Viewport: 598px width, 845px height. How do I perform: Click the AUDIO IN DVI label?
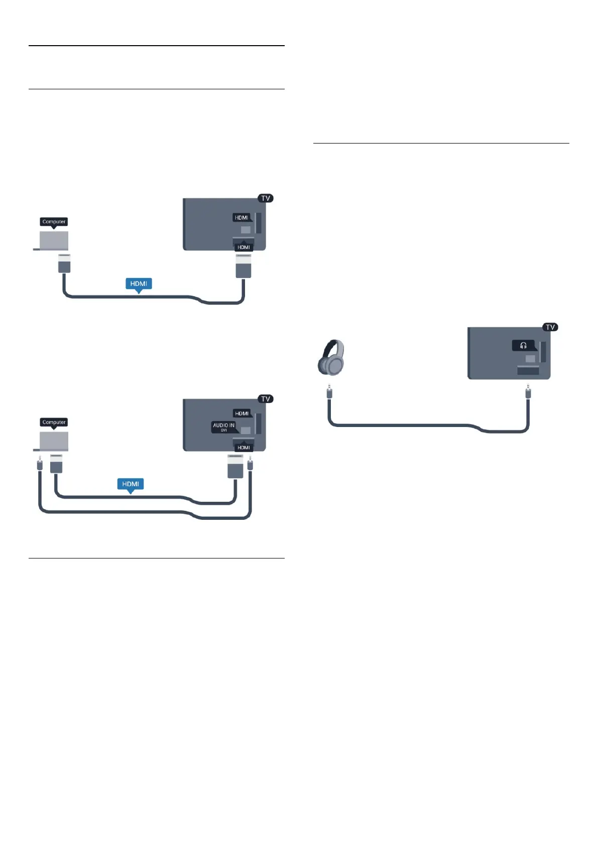pos(224,427)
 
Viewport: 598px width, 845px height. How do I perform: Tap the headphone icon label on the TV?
pos(523,346)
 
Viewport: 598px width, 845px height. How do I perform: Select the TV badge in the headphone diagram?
pos(550,327)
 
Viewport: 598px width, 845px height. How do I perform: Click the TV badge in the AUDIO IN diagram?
pos(266,399)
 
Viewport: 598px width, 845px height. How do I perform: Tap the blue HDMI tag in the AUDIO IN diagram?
pos(131,484)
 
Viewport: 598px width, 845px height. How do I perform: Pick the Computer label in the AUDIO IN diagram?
pos(54,422)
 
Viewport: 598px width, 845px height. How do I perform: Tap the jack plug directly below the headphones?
pos(329,391)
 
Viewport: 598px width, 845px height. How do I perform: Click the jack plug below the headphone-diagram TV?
pos(528,391)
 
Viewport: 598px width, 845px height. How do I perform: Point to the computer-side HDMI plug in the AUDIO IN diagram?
pos(56,464)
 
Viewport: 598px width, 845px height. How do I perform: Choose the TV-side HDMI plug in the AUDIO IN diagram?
pos(235,466)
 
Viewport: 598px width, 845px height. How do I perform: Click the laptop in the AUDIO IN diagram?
pos(53,441)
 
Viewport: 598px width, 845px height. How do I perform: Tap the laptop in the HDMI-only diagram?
pos(53,240)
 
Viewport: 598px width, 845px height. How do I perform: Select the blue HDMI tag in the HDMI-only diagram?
pos(139,284)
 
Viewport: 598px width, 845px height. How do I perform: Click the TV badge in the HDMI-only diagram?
pos(266,198)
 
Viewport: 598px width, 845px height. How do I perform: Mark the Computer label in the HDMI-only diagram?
pos(54,221)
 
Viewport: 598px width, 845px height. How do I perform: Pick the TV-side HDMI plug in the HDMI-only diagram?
pos(244,266)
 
